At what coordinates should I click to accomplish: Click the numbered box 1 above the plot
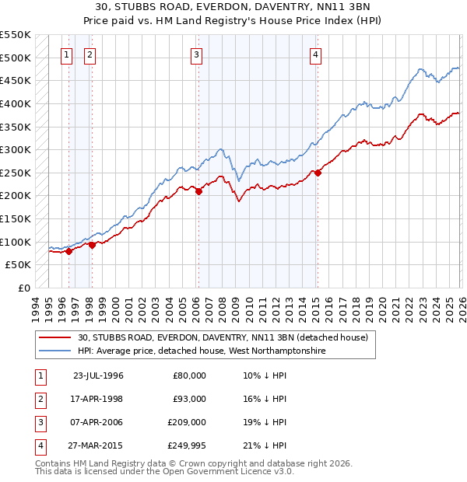pyautogui.click(x=67, y=54)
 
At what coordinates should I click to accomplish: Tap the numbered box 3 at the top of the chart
pyautogui.click(x=197, y=54)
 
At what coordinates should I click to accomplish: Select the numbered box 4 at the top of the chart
pyautogui.click(x=315, y=54)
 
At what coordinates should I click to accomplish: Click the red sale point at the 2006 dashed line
pyautogui.click(x=198, y=191)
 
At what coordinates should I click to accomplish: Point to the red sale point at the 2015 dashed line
pyautogui.click(x=317, y=173)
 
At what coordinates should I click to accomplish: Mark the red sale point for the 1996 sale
pyautogui.click(x=68, y=251)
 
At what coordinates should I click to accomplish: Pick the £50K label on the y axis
pyautogui.click(x=19, y=264)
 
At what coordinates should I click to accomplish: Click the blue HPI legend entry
pyautogui.click(x=201, y=351)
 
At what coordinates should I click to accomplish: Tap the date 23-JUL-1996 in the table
pyautogui.click(x=98, y=375)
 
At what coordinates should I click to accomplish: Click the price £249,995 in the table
pyautogui.click(x=186, y=445)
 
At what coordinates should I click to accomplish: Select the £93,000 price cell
pyautogui.click(x=189, y=399)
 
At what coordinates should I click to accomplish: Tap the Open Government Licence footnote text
pyautogui.click(x=164, y=472)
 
